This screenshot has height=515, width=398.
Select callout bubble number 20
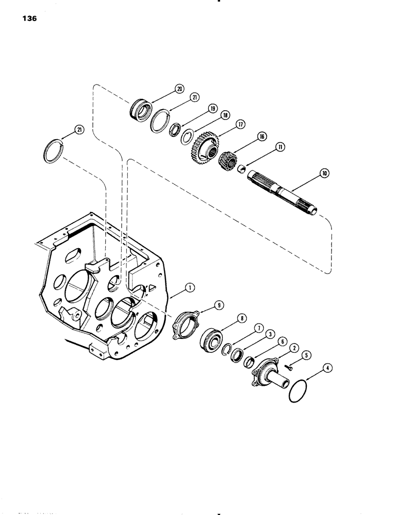pyautogui.click(x=164, y=89)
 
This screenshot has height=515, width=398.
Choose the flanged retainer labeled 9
pyautogui.click(x=186, y=327)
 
